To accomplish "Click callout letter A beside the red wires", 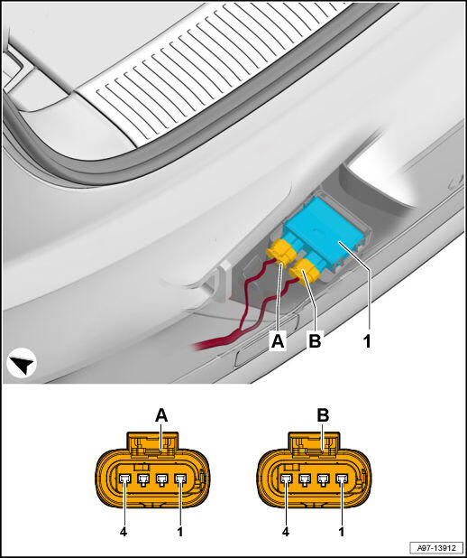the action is [278, 341].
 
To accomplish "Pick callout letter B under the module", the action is [315, 341].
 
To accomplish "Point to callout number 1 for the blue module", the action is [367, 341].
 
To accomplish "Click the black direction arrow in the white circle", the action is [22, 363].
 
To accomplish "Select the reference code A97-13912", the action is [436, 547].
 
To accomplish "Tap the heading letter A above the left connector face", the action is [161, 415].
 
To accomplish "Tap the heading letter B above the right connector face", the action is [323, 415].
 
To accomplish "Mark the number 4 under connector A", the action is [124, 532].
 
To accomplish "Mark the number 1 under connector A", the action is [180, 532].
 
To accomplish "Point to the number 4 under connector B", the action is [286, 532].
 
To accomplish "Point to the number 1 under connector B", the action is [342, 532].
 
